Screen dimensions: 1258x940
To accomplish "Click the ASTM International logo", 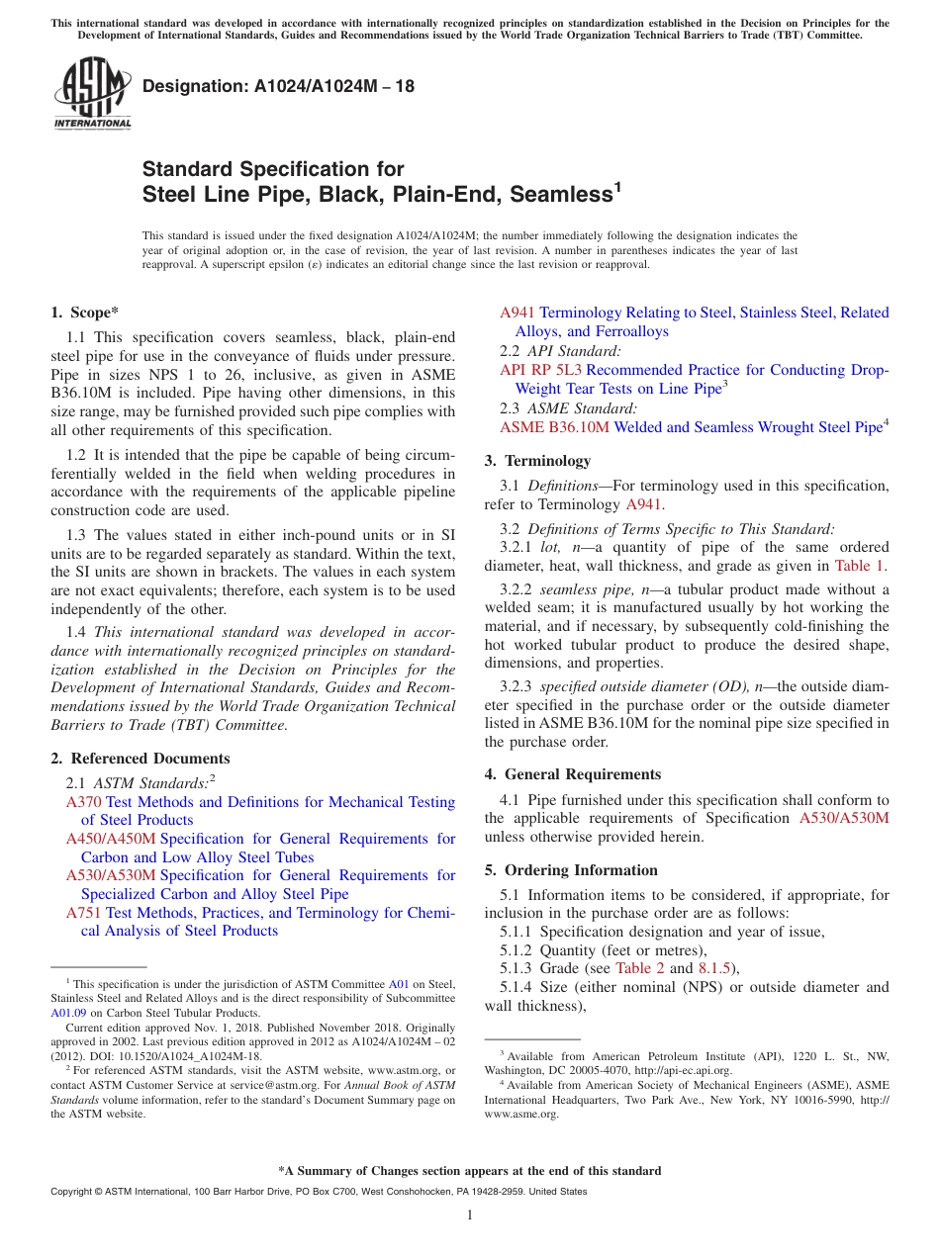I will [x=92, y=93].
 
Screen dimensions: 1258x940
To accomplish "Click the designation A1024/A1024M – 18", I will [x=279, y=87].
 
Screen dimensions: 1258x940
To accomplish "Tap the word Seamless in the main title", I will [x=556, y=195].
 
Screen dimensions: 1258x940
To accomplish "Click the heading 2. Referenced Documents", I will [x=141, y=759].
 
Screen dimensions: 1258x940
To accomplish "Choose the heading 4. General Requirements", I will [x=573, y=774].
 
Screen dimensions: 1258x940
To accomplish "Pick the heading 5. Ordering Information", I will [x=571, y=870].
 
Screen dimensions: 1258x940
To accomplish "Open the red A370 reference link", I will [x=83, y=802].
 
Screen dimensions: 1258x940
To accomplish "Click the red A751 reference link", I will [x=83, y=913].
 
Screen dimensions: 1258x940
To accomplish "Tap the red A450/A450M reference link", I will [x=111, y=839].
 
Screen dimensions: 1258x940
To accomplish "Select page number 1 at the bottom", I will [x=470, y=1215].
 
